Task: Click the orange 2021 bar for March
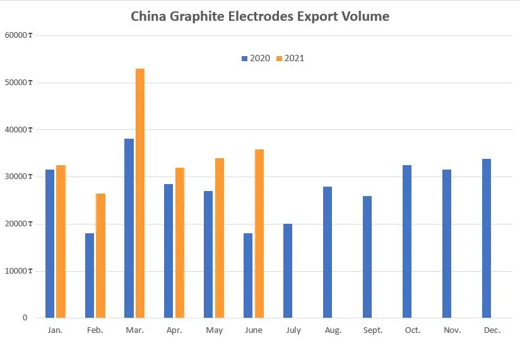click(140, 193)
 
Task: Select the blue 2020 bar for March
click(129, 228)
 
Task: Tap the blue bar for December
click(487, 238)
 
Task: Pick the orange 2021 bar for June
click(259, 233)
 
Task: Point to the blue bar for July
click(288, 270)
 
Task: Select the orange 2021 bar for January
click(61, 241)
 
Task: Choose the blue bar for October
click(407, 241)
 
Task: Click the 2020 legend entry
click(256, 59)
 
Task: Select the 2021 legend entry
click(290, 59)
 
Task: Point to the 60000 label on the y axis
click(16, 35)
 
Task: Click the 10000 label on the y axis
click(16, 271)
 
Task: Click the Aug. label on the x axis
click(333, 330)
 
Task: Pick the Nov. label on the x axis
click(452, 330)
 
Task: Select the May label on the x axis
click(214, 330)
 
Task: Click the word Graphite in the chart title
click(195, 17)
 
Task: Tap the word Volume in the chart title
click(365, 16)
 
